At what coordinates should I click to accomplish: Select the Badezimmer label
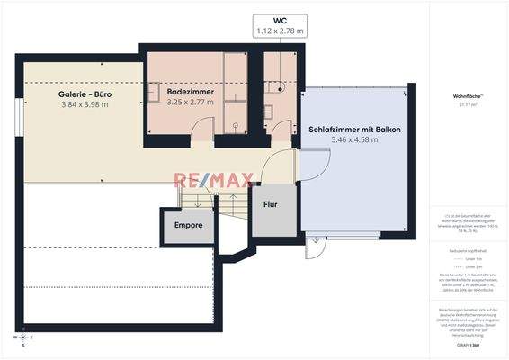pos(190,90)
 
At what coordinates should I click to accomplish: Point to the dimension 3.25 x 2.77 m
pos(190,102)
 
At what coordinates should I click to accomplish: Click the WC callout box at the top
pos(280,25)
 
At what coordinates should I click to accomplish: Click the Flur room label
pos(271,204)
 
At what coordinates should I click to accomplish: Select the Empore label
pos(188,225)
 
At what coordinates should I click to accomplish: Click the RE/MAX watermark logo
pos(209,182)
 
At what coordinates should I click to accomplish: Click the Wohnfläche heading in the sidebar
pos(467,94)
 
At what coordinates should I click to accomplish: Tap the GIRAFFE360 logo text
pos(467,345)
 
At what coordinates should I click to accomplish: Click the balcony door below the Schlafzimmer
pos(314,241)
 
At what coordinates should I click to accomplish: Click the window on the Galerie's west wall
pos(19,118)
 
